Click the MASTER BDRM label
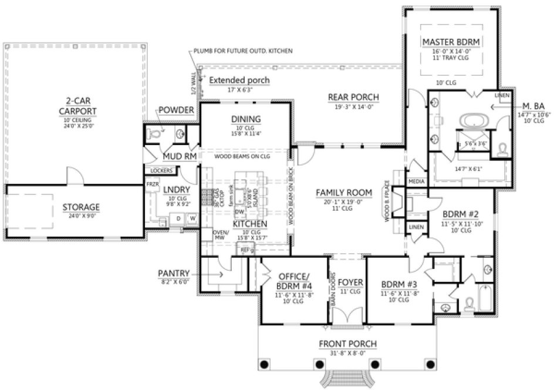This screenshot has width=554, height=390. [451, 42]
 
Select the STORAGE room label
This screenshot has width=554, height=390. [81, 207]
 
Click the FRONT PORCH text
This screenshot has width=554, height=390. [347, 344]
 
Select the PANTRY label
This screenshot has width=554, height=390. [173, 273]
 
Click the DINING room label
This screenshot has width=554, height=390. [246, 119]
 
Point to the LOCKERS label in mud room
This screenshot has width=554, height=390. [161, 170]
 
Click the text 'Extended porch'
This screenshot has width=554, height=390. [239, 80]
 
